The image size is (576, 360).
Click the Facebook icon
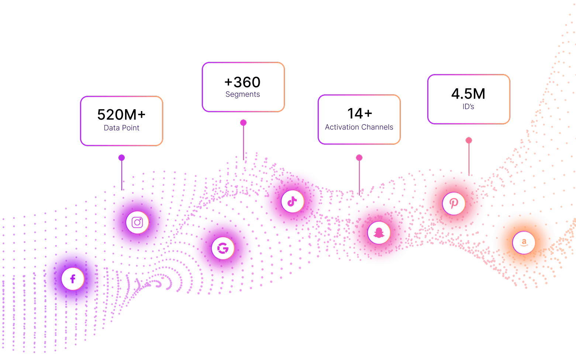click(x=73, y=279)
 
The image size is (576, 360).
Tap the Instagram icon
click(x=137, y=222)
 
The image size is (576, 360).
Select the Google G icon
click(x=223, y=248)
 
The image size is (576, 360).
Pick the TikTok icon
click(x=292, y=201)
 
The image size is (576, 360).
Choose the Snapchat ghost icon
click(x=379, y=233)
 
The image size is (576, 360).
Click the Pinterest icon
click(x=453, y=203)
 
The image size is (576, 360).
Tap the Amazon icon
click(x=524, y=243)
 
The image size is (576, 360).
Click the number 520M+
click(x=121, y=115)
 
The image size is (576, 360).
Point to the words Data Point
click(x=121, y=128)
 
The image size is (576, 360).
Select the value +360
click(x=242, y=82)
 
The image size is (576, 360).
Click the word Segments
click(x=242, y=94)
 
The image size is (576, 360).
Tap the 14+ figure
click(x=360, y=114)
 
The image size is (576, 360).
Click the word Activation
click(x=342, y=127)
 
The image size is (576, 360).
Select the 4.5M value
click(x=468, y=94)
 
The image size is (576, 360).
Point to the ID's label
click(x=468, y=107)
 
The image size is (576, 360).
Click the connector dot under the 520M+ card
click(x=121, y=158)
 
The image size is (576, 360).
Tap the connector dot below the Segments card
click(x=243, y=123)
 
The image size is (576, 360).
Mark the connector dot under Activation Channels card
click(x=359, y=158)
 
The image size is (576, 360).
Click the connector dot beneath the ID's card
click(x=469, y=140)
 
